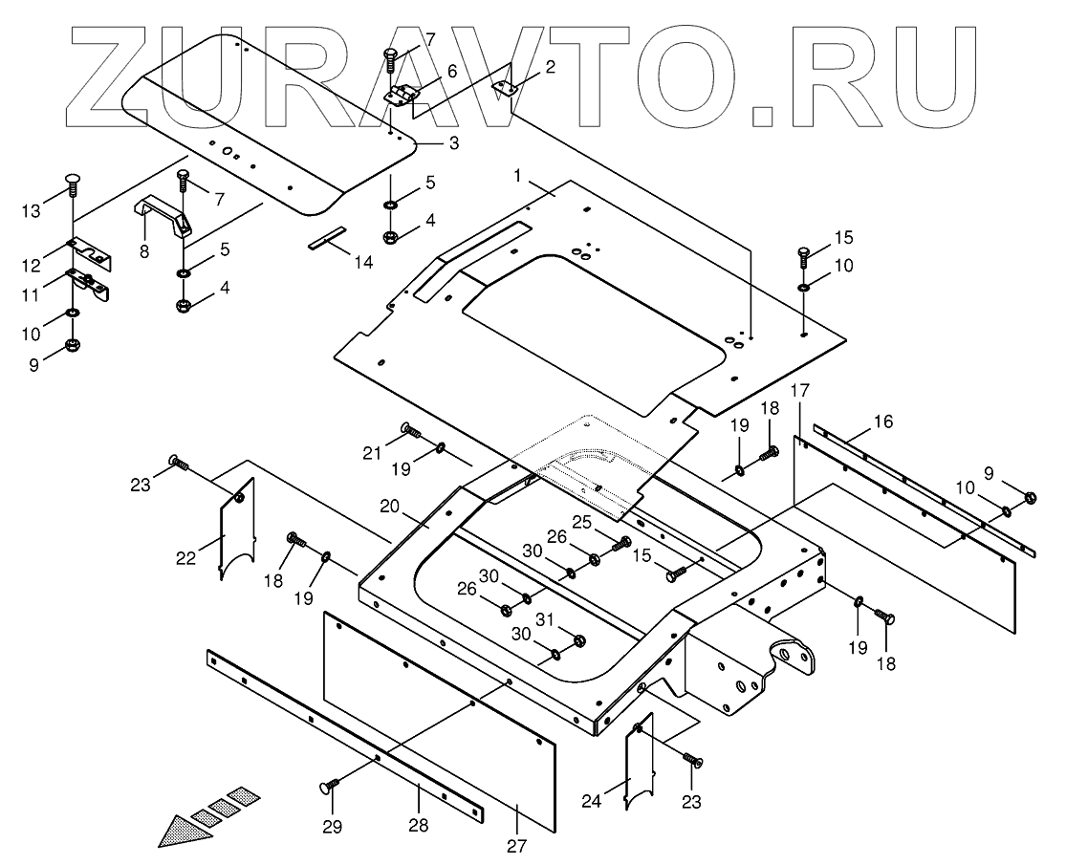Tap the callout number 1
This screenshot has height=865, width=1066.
(x=517, y=176)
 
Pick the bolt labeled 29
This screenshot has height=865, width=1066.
(x=331, y=787)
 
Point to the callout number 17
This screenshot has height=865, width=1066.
(x=800, y=390)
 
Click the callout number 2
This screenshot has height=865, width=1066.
(x=550, y=66)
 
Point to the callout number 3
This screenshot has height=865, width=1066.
(x=453, y=143)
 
